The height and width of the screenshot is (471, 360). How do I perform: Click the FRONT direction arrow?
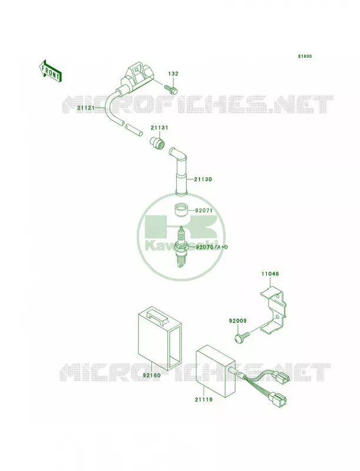(50, 71)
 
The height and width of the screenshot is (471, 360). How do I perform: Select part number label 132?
(173, 74)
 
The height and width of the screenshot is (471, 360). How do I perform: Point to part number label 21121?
(85, 108)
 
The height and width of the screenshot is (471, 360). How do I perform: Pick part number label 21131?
(160, 128)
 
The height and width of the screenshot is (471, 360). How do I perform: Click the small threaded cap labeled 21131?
(157, 141)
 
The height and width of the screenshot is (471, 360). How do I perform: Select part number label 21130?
(203, 180)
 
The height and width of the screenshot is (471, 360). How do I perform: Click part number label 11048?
(269, 274)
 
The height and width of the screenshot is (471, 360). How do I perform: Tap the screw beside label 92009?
(242, 336)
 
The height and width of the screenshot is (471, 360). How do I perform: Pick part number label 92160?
(152, 375)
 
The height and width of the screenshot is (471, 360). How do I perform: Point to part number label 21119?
(203, 399)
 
